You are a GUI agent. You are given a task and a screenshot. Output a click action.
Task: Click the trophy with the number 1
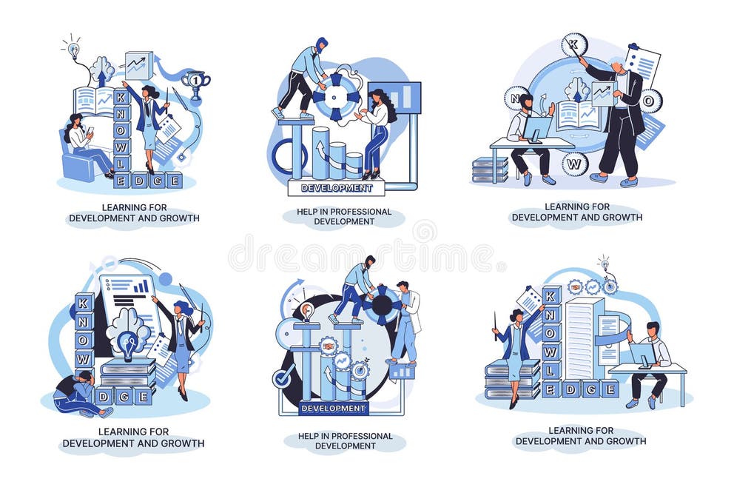point(195,81)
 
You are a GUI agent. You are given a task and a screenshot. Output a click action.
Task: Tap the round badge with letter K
point(573,44)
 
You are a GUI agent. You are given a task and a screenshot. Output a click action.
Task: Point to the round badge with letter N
point(516,98)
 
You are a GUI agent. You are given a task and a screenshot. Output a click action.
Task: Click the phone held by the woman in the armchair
point(90,132)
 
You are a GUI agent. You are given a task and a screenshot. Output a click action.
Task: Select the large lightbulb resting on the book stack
point(129,345)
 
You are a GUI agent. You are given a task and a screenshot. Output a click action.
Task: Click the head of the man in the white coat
point(403,286)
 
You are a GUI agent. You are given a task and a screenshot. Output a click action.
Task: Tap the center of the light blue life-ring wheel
point(336,95)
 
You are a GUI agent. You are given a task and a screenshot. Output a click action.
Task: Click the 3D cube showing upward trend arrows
point(138,65)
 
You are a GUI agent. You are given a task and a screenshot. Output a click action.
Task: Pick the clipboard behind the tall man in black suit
point(642,64)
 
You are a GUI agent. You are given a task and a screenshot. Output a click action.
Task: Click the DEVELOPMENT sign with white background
point(336,188)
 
